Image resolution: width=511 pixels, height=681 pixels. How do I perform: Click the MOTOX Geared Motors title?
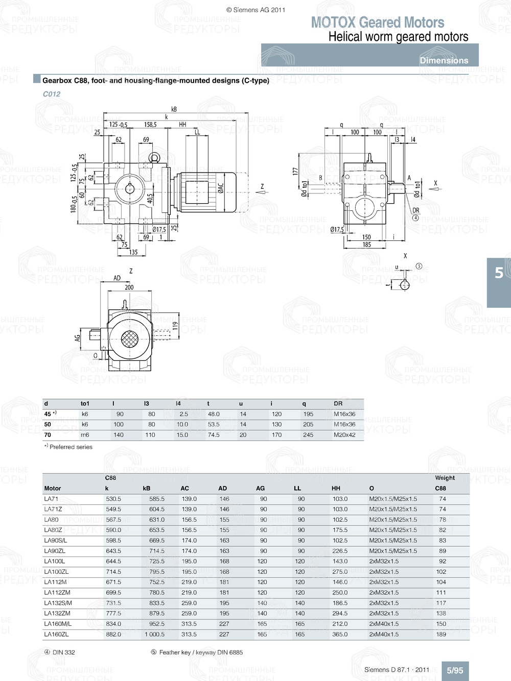coord(378,22)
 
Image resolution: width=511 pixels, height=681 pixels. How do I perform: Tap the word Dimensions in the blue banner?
coord(444,60)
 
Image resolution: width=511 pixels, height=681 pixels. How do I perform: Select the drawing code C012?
coord(52,94)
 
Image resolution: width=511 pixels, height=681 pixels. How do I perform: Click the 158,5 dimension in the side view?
coord(150,125)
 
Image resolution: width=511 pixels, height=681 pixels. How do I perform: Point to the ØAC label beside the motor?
coord(221,188)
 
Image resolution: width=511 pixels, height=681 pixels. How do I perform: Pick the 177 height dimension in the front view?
coord(295,172)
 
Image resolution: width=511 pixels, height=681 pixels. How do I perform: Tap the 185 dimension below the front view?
coord(366,245)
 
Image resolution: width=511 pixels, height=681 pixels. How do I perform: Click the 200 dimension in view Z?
coord(129,287)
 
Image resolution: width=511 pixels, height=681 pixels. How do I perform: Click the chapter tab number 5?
coord(499,273)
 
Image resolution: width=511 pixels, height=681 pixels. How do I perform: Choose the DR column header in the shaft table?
coord(338,403)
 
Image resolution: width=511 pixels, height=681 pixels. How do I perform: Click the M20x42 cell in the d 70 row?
coord(344,435)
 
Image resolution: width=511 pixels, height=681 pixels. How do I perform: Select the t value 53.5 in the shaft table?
coord(214,424)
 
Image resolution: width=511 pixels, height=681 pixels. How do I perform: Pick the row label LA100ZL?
coord(56,572)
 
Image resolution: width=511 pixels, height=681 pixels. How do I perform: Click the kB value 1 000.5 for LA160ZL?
coord(154,635)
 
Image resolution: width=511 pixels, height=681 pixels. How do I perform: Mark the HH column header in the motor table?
coord(336,488)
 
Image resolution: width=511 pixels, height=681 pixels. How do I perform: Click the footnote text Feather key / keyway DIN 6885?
coord(201,652)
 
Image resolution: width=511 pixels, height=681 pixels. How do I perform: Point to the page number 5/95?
coord(455,670)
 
